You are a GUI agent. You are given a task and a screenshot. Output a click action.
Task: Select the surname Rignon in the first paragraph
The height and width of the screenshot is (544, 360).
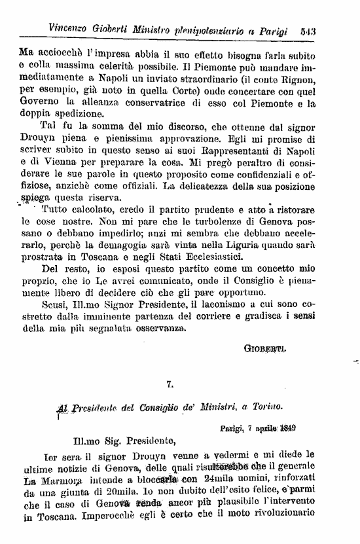298,79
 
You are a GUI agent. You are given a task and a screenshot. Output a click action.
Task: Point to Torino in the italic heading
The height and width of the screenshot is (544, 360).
267,407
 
